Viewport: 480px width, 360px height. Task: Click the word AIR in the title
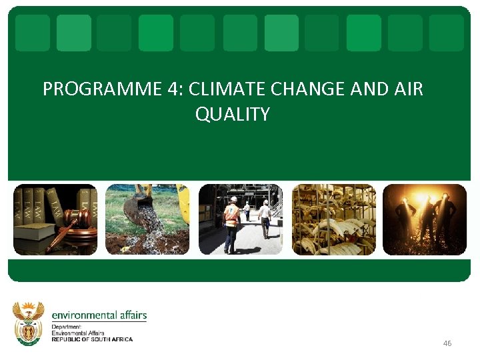pyautogui.click(x=409, y=89)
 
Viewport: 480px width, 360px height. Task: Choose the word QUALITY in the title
pyautogui.click(x=233, y=114)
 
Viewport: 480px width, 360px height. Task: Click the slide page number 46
pyautogui.click(x=447, y=343)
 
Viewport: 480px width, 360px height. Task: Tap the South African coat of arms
pyautogui.click(x=29, y=323)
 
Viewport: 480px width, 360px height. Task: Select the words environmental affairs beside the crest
pyautogui.click(x=99, y=315)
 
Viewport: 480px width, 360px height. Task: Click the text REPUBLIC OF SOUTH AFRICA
pyautogui.click(x=92, y=339)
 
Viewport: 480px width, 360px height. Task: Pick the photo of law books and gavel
pyautogui.click(x=55, y=219)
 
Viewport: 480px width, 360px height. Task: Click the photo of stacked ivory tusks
pyautogui.click(x=334, y=219)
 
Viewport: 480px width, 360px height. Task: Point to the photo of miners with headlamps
pyautogui.click(x=425, y=219)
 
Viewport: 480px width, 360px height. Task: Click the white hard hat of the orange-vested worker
pyautogui.click(x=233, y=199)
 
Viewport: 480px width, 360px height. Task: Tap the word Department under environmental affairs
pyautogui.click(x=66, y=327)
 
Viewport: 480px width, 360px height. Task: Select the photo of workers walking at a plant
pyautogui.click(x=241, y=219)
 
